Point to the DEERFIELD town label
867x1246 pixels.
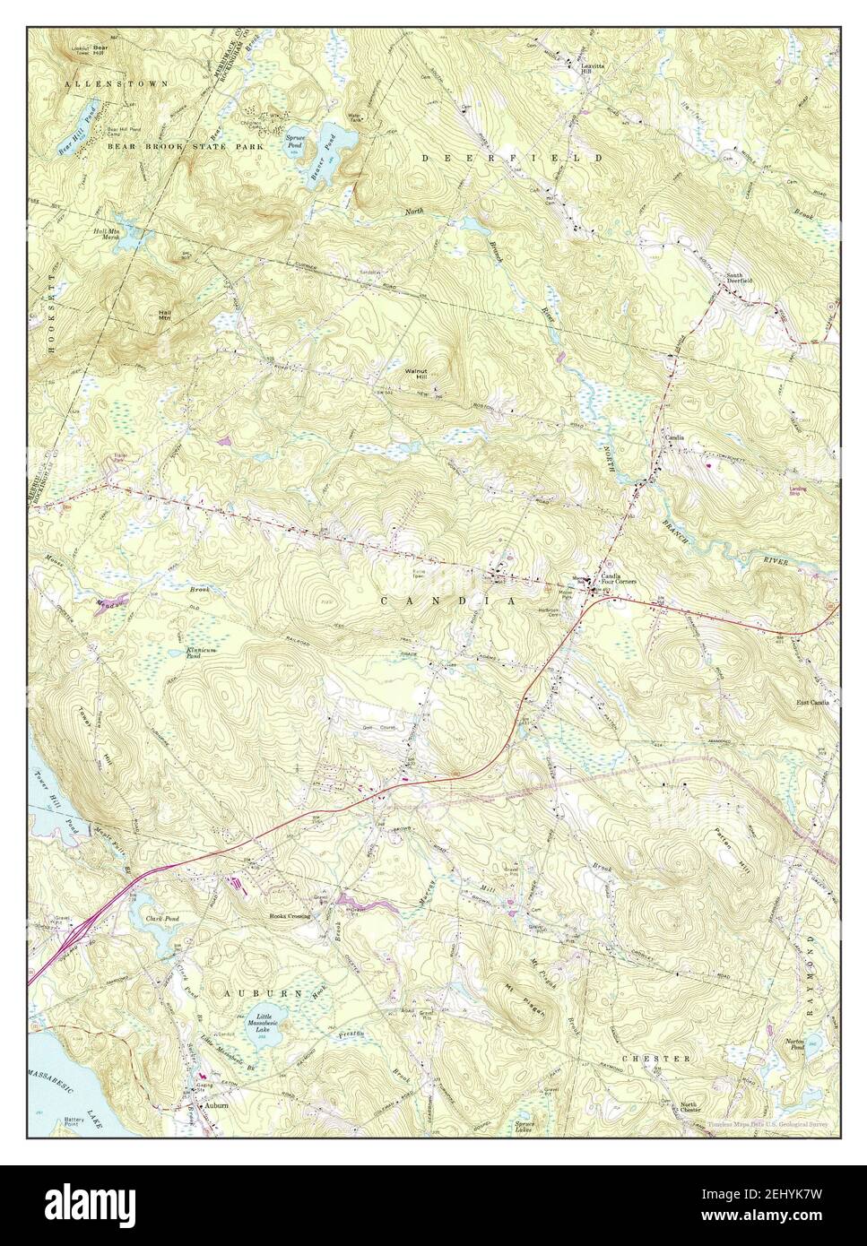[x=512, y=157]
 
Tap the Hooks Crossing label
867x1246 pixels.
[x=290, y=916]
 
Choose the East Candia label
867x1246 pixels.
[x=812, y=703]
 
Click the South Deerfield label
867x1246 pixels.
[x=739, y=277]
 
